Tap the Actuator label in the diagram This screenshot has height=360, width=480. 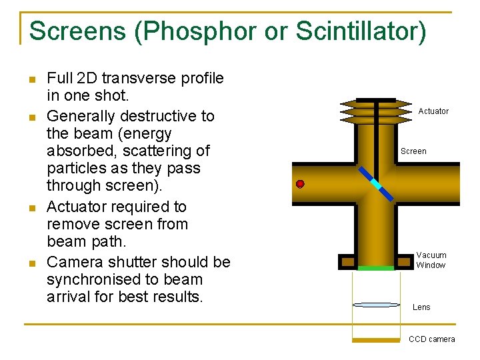[x=433, y=111]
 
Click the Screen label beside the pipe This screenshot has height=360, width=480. [x=413, y=151]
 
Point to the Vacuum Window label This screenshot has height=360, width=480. [x=431, y=260]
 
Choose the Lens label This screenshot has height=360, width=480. [x=421, y=307]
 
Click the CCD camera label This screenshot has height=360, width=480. [x=431, y=339]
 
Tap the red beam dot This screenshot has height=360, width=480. [x=300, y=183]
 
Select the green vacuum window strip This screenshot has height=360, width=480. [x=376, y=268]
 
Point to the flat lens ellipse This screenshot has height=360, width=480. [x=376, y=305]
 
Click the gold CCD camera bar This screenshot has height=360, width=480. [x=376, y=340]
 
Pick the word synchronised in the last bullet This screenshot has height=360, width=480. [x=94, y=279]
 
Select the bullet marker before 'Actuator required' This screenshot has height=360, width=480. [x=31, y=208]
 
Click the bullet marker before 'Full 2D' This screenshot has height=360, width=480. [x=31, y=79]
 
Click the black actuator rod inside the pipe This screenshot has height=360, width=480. [x=376, y=133]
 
